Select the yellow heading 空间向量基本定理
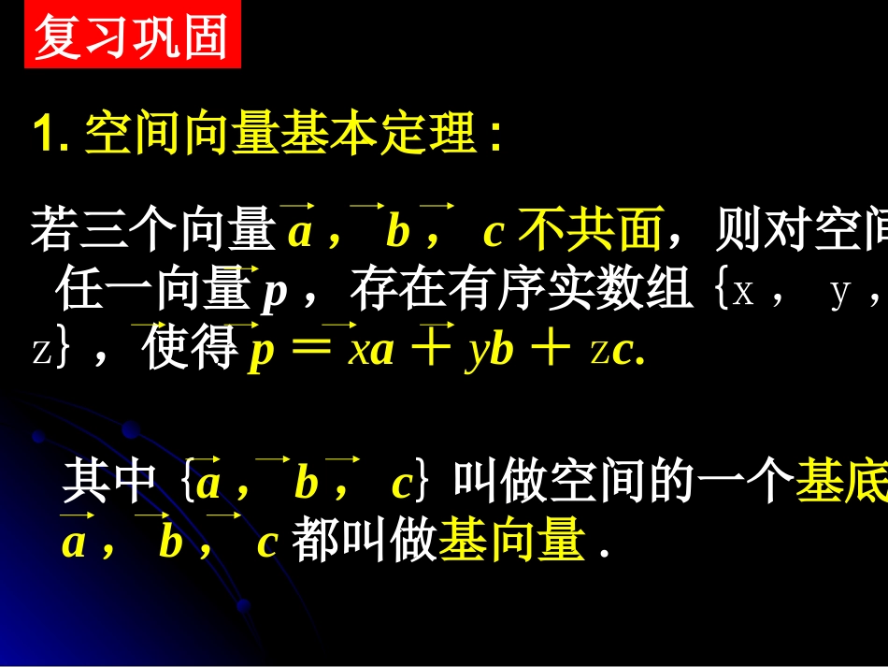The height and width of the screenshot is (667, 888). [x=280, y=137]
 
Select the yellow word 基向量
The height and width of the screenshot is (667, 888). [x=511, y=541]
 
